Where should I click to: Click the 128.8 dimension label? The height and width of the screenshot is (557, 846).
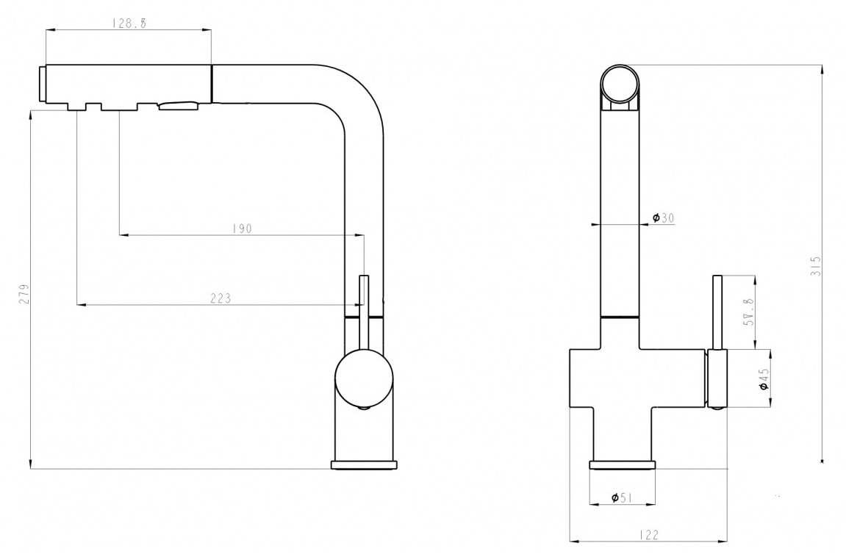(x=129, y=24)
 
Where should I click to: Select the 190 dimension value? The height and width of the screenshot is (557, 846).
(x=242, y=229)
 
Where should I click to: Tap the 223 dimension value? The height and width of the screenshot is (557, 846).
(x=220, y=298)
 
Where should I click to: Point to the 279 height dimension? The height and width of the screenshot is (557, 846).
(x=24, y=294)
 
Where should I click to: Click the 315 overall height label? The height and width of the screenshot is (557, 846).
(x=816, y=266)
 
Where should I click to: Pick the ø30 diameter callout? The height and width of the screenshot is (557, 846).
(x=663, y=218)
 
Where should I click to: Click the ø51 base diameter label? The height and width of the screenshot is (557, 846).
(x=622, y=497)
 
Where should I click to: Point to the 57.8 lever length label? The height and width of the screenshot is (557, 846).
(x=748, y=313)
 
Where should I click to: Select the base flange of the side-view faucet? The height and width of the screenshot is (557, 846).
(x=364, y=465)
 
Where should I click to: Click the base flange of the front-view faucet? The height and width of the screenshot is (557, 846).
(x=623, y=465)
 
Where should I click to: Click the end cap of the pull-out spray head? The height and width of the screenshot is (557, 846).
(x=41, y=84)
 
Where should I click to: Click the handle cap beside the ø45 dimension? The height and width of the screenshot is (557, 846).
(x=717, y=378)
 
